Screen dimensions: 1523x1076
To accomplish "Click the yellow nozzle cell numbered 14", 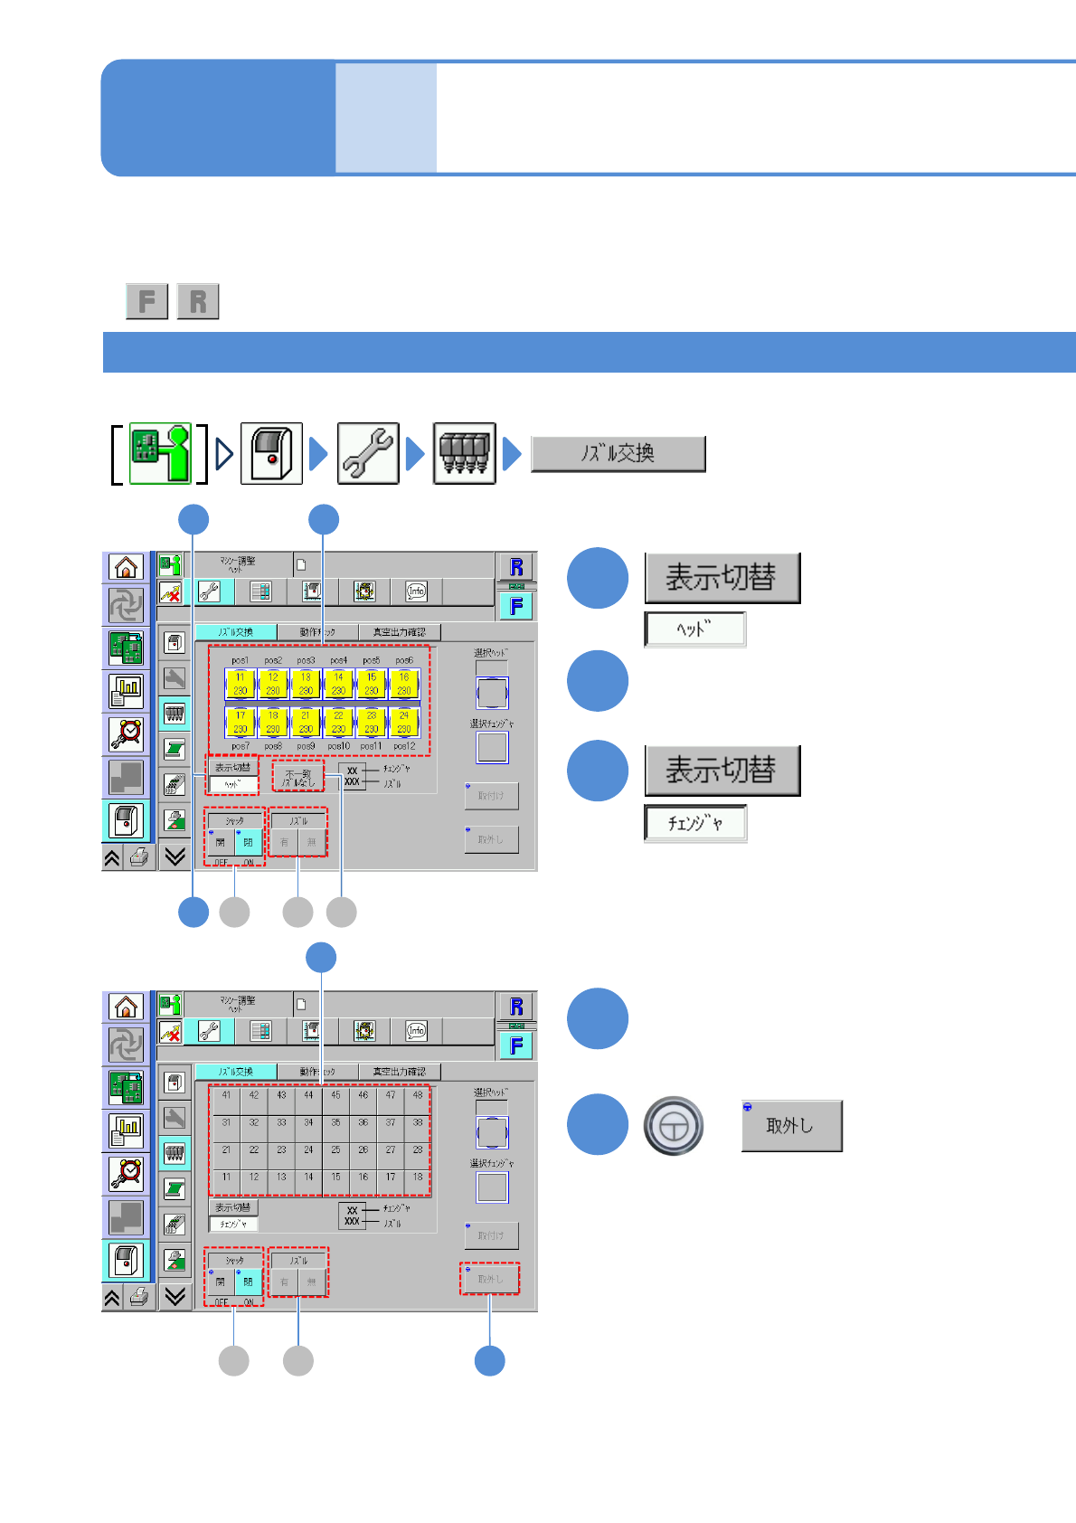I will pos(338,684).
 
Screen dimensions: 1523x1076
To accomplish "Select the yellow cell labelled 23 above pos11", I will pos(371,722).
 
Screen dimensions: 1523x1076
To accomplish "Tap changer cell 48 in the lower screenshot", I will pos(417,1095).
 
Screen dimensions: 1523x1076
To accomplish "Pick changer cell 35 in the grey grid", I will pos(335,1122).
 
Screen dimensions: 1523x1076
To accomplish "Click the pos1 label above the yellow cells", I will pos(240,660).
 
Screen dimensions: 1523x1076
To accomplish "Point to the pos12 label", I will pos(404,746).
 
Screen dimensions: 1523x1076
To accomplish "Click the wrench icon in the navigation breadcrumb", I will pos(368,454).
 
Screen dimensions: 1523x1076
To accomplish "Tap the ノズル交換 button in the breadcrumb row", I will pos(618,454).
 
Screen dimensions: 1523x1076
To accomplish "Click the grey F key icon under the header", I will pos(146,301).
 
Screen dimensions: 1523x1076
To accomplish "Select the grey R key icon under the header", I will pos(198,301).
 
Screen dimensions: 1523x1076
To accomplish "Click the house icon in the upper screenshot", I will pos(126,567).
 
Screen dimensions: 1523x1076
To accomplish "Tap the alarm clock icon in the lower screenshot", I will pos(126,1173).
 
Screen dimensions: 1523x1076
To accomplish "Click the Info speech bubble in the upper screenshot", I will pos(416,591).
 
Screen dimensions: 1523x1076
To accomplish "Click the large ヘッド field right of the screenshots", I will pos(694,629).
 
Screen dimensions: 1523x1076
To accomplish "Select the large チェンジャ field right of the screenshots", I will pos(694,823).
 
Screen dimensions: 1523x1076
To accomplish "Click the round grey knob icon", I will pos(674,1126).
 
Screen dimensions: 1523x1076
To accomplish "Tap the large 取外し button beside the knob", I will pos(791,1126).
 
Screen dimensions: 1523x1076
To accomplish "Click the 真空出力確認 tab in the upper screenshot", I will pos(399,632).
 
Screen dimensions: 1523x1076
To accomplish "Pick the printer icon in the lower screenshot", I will pos(138,1298).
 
